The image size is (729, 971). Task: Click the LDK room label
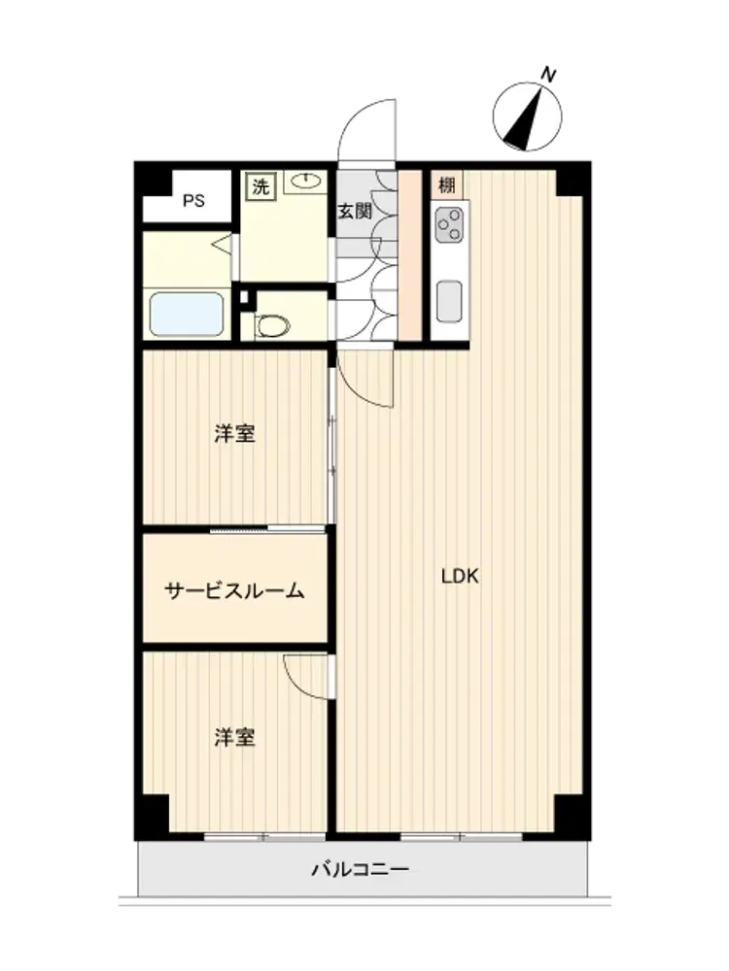click(460, 577)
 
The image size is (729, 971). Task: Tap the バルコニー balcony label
click(361, 870)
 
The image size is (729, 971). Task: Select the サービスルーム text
click(235, 590)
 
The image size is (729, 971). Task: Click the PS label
click(193, 201)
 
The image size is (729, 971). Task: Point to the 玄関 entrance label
click(355, 211)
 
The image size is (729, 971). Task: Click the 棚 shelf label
click(447, 184)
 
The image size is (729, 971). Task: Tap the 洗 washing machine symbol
click(260, 186)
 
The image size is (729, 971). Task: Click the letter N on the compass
click(548, 75)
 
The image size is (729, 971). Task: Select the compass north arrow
click(525, 118)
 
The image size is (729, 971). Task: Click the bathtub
click(187, 314)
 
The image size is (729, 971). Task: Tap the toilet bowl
click(273, 325)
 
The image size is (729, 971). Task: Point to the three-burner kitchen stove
click(449, 225)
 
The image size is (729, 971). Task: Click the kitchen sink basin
click(449, 302)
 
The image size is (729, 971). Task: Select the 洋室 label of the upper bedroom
click(235, 433)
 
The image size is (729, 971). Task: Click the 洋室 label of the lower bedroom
click(235, 737)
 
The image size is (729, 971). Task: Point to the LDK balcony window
click(461, 837)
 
